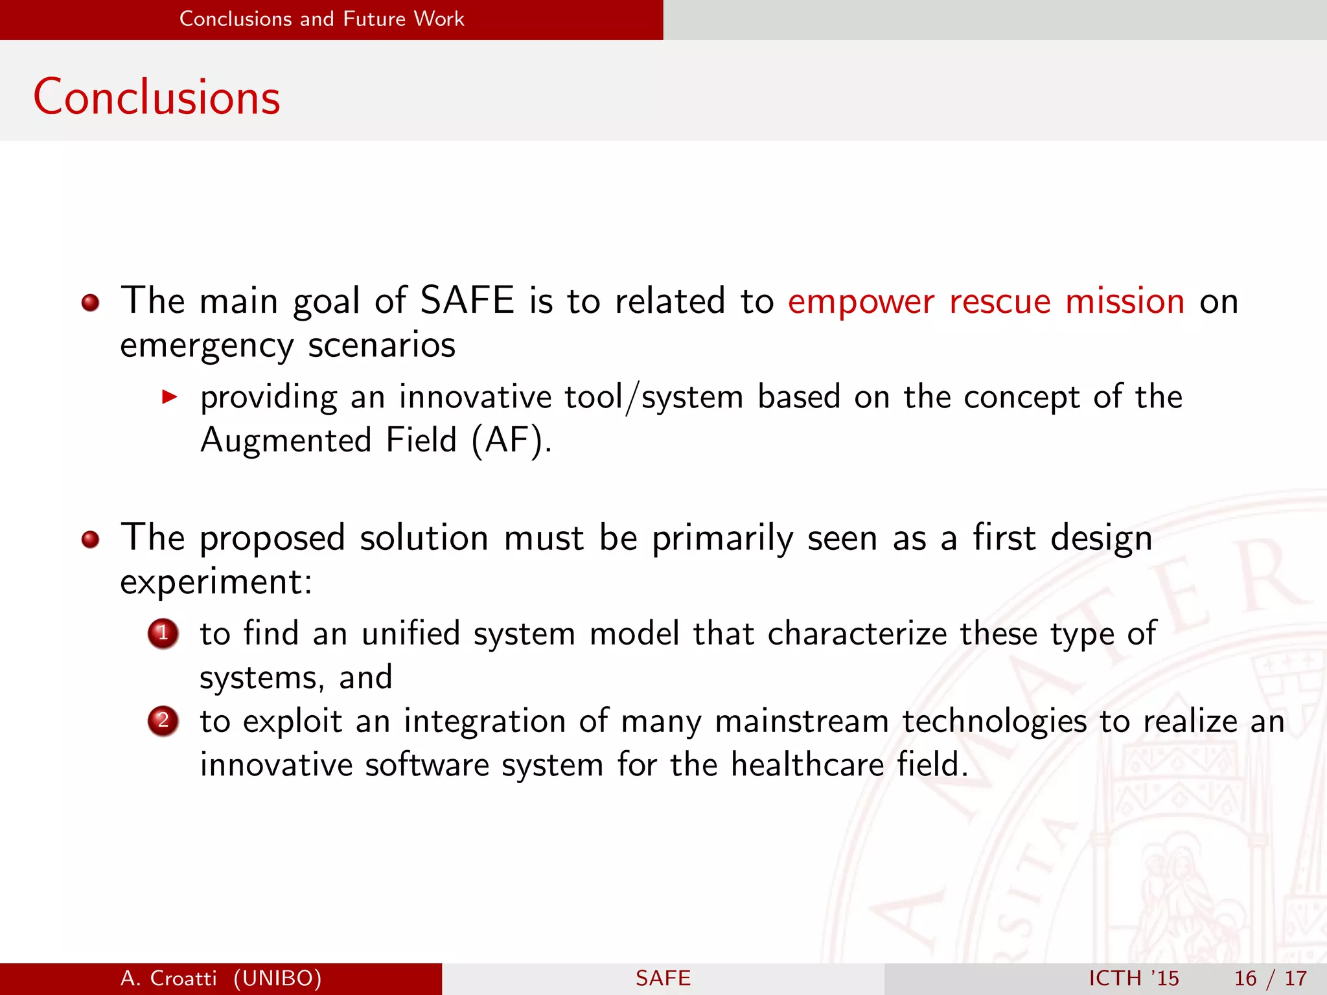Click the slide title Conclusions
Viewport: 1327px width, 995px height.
click(156, 97)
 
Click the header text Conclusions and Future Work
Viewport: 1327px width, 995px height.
click(321, 19)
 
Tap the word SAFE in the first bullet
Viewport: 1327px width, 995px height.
click(467, 301)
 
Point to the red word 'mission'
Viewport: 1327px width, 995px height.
click(1125, 301)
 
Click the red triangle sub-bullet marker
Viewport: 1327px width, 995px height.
click(169, 396)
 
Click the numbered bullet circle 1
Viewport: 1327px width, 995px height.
click(163, 633)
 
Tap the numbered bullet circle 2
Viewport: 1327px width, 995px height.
click(163, 720)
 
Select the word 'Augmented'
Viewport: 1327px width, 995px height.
click(286, 441)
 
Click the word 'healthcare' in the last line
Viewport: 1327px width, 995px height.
click(807, 764)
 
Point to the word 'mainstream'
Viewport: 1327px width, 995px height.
click(802, 722)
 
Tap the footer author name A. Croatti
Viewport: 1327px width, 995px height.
click(168, 978)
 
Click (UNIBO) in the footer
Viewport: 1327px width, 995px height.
click(277, 978)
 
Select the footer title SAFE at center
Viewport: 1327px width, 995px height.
click(663, 978)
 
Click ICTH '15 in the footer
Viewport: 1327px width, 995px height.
click(1133, 978)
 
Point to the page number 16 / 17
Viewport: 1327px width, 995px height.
click(1270, 978)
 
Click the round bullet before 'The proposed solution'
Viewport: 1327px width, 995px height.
click(90, 539)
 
